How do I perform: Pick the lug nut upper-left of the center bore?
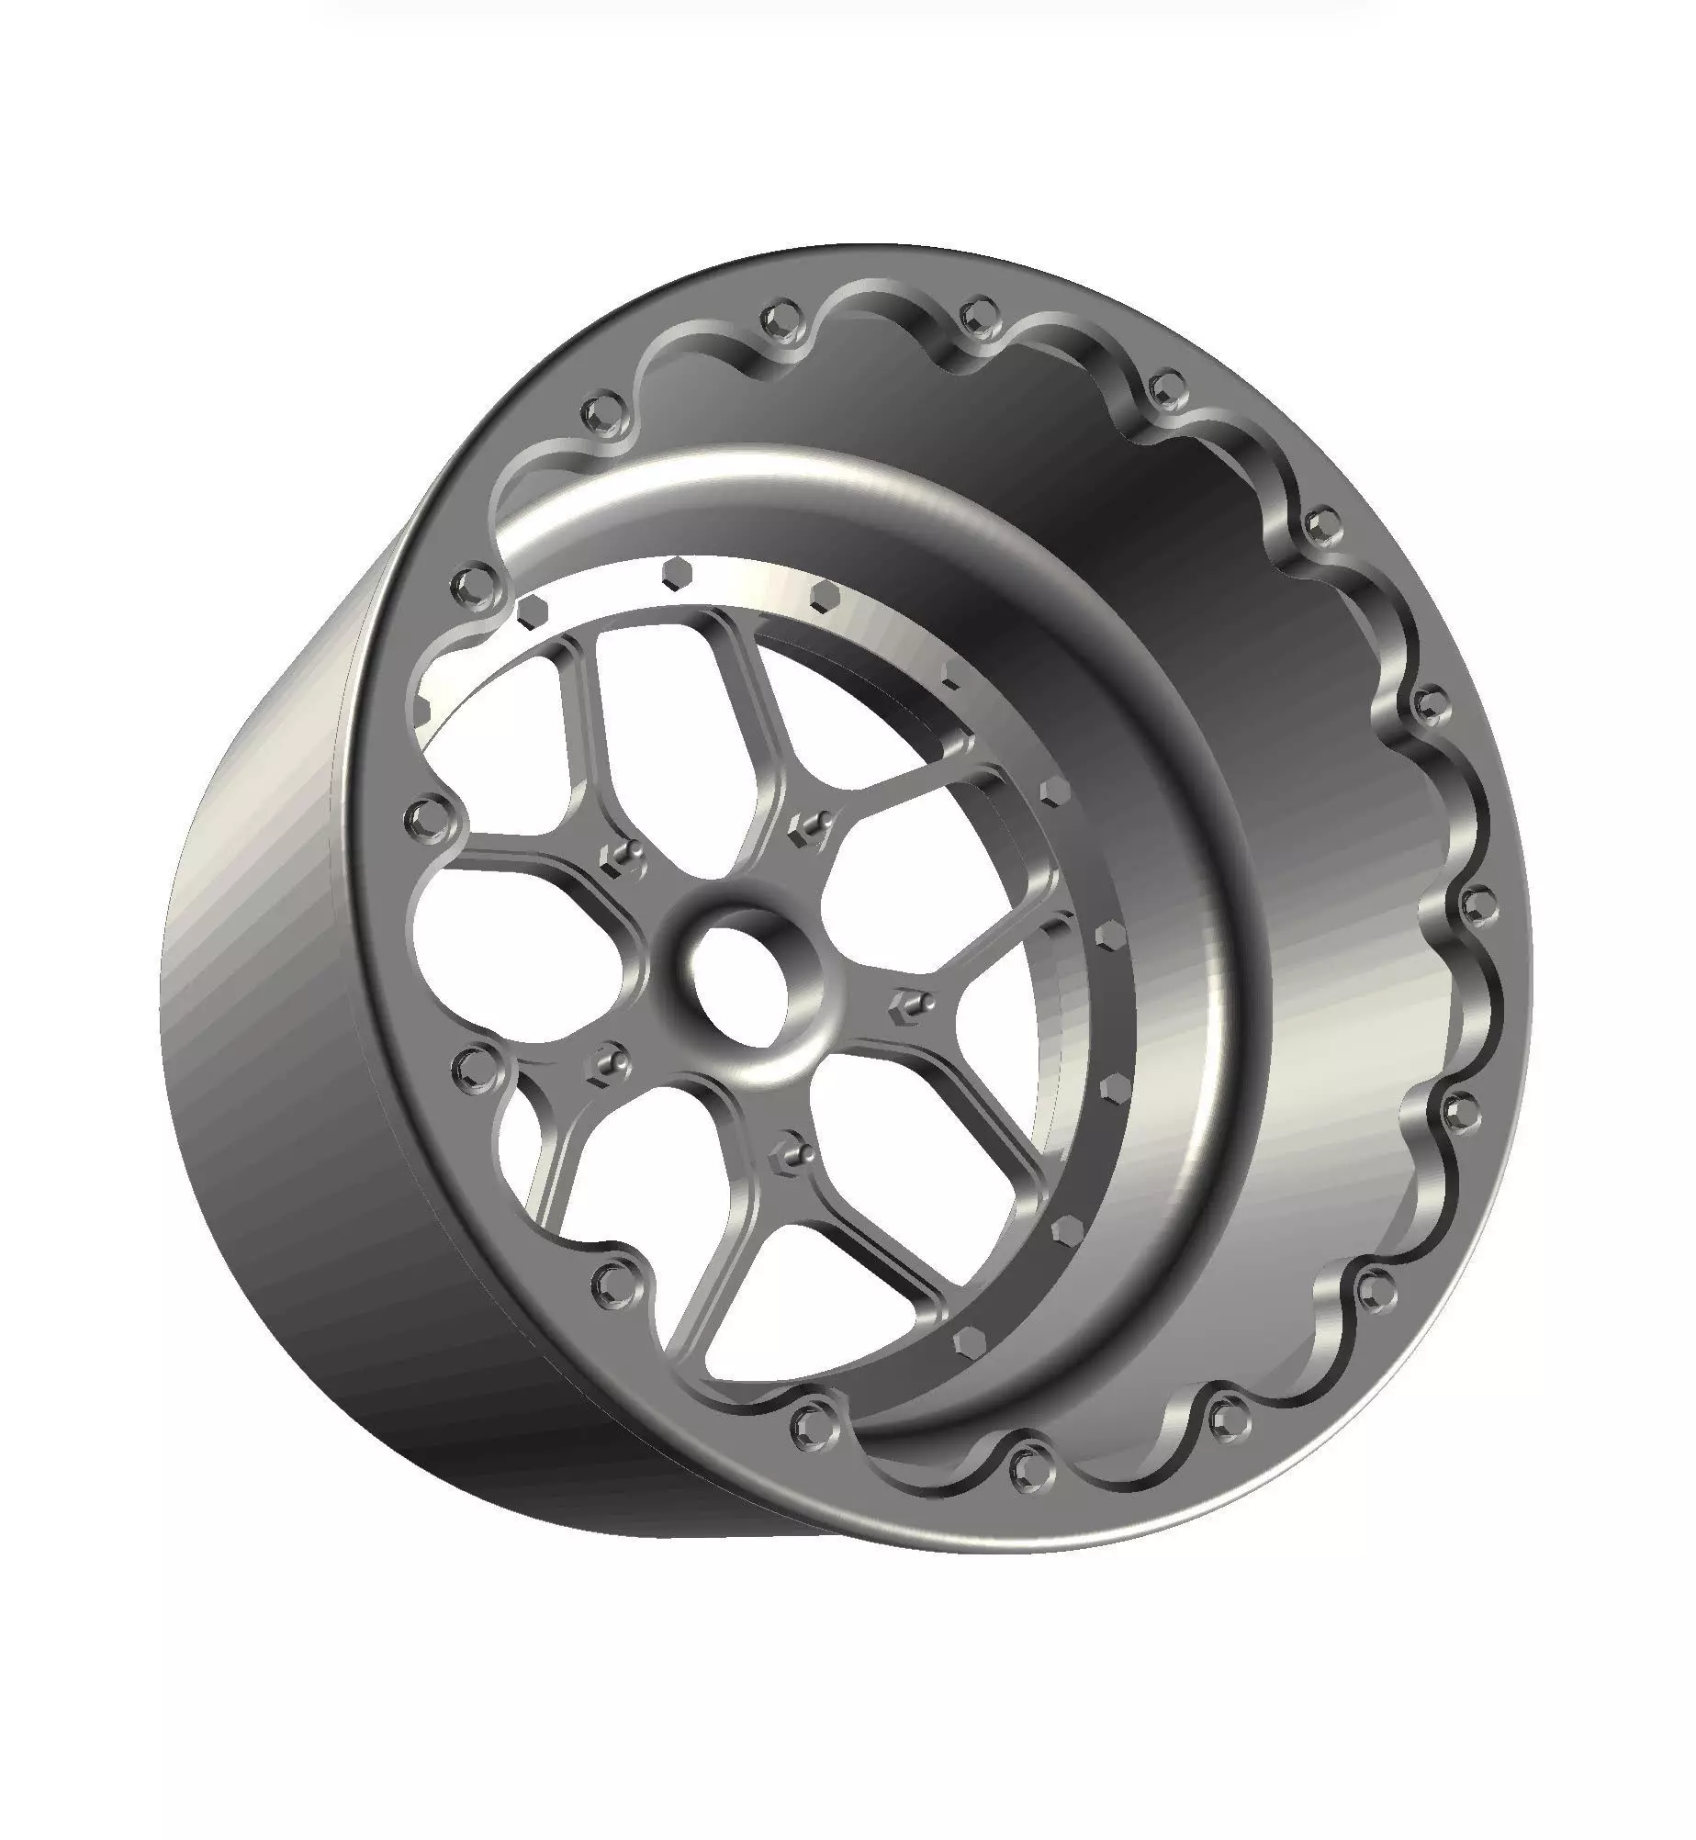coord(618,856)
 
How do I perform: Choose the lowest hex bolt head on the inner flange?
coord(966,1343)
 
